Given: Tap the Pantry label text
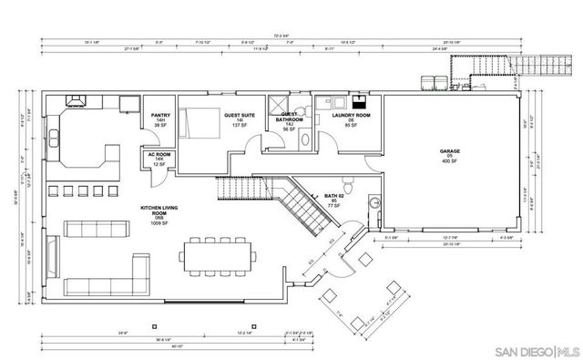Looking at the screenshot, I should (x=159, y=116).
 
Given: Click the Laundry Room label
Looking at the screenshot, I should (x=350, y=116).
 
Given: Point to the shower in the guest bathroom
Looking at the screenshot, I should (x=279, y=105).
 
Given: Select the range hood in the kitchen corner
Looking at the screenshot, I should (x=72, y=101).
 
